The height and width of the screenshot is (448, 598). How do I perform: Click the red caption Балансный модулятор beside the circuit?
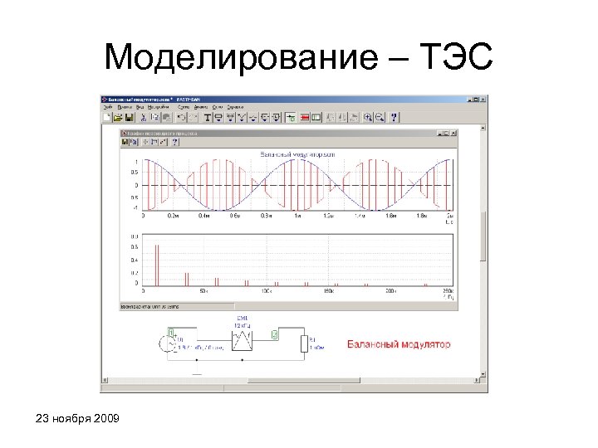click(x=399, y=343)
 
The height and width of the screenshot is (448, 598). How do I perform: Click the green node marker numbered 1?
click(x=172, y=330)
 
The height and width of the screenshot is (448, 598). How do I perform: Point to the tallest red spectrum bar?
click(x=155, y=263)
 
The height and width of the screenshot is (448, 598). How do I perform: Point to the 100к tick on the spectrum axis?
click(x=267, y=292)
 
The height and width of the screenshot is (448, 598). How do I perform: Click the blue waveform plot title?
click(x=297, y=154)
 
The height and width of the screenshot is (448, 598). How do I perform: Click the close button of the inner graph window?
click(x=453, y=133)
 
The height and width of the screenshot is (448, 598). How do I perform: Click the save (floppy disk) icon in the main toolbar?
click(x=130, y=118)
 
